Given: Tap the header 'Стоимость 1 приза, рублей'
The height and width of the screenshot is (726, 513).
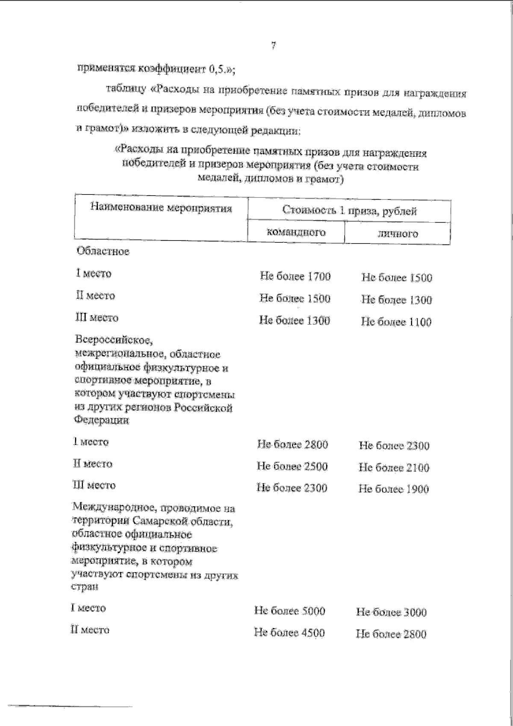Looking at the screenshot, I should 349,210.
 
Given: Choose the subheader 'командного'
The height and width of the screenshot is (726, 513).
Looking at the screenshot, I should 296,232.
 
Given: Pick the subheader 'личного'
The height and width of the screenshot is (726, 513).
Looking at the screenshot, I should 397,234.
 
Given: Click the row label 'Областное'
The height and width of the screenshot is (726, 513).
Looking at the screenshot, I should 103,251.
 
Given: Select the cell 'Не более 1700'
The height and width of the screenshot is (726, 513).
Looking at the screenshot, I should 295,276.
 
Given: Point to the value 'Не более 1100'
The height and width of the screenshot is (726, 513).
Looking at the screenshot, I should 396,322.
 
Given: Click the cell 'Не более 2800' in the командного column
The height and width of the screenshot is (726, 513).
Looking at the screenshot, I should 292,444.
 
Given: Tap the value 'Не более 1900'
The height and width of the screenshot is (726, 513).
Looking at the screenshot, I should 393,489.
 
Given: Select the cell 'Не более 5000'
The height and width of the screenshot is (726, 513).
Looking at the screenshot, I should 289,611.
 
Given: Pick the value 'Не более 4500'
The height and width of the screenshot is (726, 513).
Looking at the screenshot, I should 289,632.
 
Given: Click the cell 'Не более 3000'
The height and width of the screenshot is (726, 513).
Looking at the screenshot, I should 391,612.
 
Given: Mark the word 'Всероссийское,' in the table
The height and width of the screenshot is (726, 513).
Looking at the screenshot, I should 114,341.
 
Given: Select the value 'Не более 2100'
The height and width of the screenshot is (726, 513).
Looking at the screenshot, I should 394,468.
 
